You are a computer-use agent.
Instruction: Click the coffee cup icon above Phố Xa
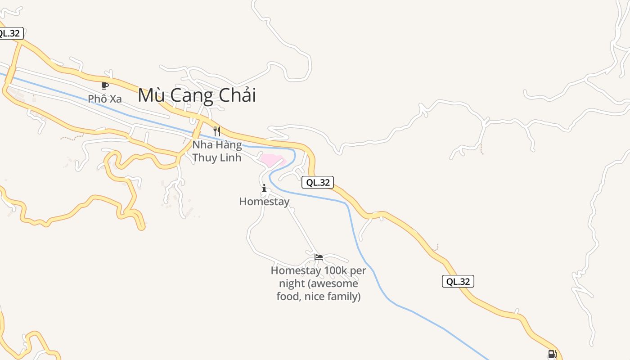pos(104,85)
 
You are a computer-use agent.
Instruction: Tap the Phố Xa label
pos(104,99)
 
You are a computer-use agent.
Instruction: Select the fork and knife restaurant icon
pos(217,131)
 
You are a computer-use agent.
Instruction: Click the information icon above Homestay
pos(264,188)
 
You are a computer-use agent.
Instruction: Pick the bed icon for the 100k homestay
pos(319,257)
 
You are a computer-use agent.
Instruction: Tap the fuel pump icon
pos(552,354)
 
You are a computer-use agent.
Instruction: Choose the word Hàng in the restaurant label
pos(229,145)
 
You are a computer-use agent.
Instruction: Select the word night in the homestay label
pos(292,283)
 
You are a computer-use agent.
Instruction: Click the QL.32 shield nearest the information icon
pos(318,182)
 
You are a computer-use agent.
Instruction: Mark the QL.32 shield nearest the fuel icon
pos(458,281)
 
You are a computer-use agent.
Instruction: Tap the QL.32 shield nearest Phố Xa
pos(9,33)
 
